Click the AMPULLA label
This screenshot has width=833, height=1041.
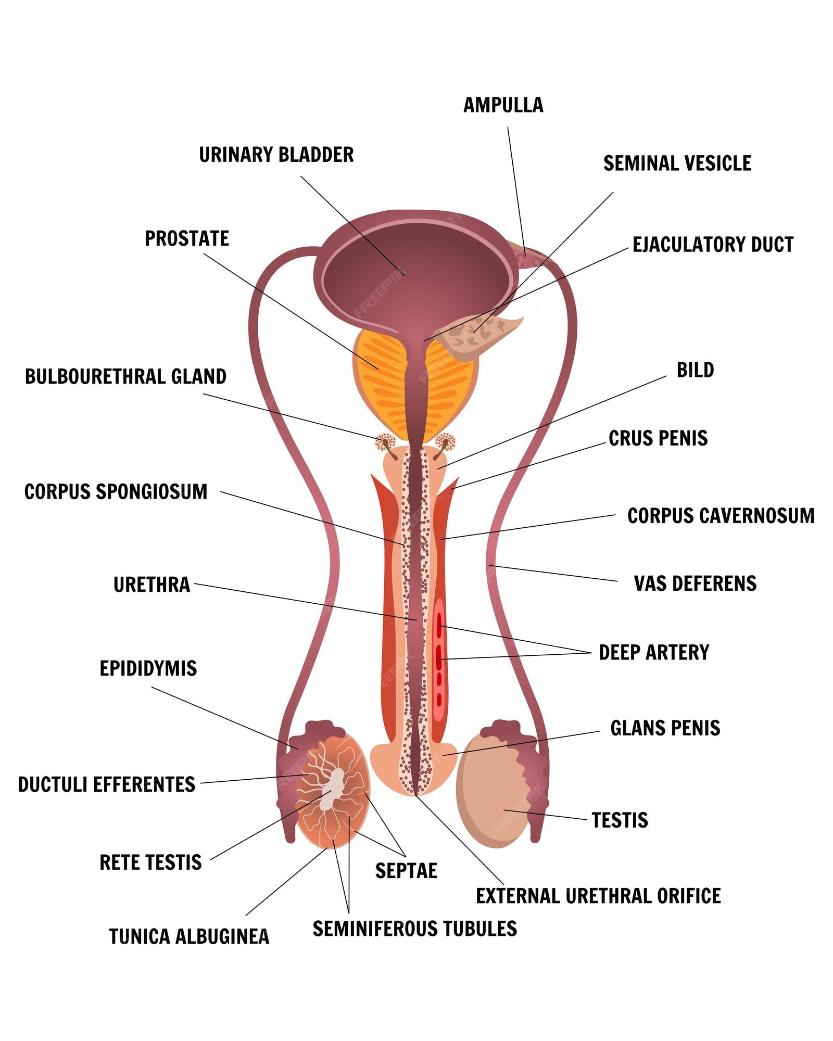pyautogui.click(x=503, y=105)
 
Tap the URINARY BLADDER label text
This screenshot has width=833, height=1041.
pyautogui.click(x=276, y=155)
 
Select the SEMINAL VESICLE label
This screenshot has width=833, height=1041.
pyautogui.click(x=677, y=163)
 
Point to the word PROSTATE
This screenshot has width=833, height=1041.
pyautogui.click(x=187, y=238)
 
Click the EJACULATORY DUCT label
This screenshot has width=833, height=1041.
pyautogui.click(x=713, y=245)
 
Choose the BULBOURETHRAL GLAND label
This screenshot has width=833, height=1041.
pyautogui.click(x=125, y=377)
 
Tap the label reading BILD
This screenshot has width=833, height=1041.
pyautogui.click(x=695, y=370)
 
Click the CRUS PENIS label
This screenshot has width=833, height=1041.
pyautogui.click(x=658, y=438)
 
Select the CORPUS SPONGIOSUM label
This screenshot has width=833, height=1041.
pyautogui.click(x=116, y=492)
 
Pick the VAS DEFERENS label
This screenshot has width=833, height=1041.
pyautogui.click(x=695, y=583)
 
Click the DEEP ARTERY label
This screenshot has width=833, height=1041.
pyautogui.click(x=654, y=653)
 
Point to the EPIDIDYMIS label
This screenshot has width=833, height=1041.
pyautogui.click(x=148, y=669)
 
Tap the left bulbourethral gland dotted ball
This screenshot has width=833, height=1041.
pyautogui.click(x=385, y=442)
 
